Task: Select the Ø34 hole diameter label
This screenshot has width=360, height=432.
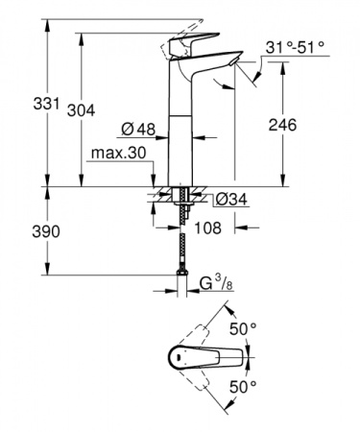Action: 227,199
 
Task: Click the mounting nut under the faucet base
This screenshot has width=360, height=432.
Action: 180,199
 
